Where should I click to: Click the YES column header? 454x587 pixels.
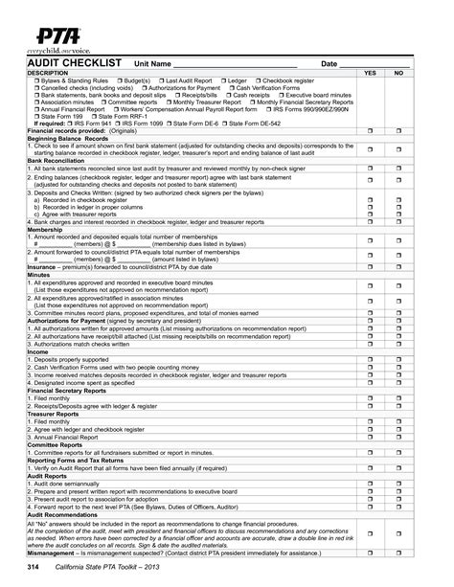(370, 73)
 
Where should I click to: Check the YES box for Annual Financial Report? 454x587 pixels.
(370, 437)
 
